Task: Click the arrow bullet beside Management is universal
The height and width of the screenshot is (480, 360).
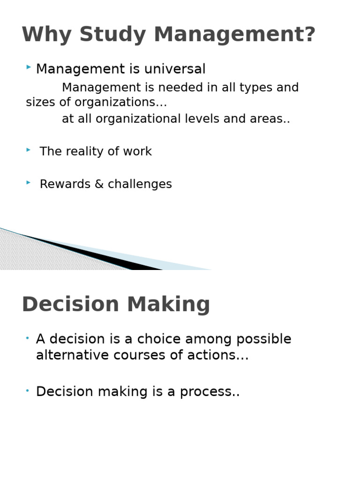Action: [29, 68]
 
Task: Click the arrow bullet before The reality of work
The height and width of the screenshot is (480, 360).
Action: [29, 150]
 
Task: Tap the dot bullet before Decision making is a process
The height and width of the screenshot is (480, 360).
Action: [28, 390]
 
